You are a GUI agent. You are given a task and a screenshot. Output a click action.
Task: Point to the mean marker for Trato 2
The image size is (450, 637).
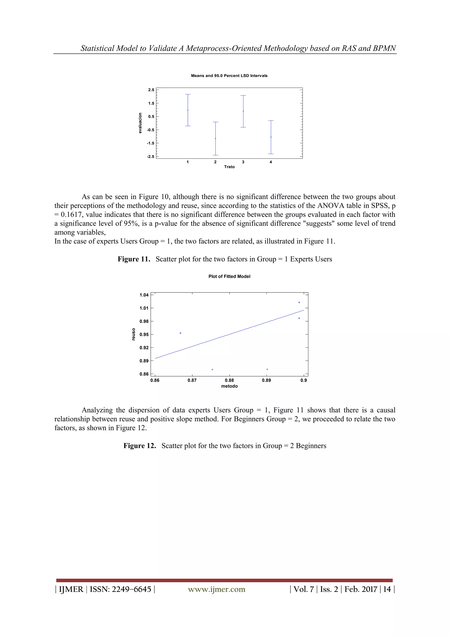(x=215, y=139)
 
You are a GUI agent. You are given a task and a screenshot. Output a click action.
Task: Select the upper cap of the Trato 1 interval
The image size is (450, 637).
(x=188, y=95)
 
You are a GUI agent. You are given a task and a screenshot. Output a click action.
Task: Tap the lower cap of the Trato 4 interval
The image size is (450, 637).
(x=271, y=154)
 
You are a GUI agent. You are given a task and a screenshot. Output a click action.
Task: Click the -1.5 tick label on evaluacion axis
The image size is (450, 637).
(x=151, y=143)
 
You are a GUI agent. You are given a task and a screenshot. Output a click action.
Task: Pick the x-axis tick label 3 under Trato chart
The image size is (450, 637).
(x=243, y=162)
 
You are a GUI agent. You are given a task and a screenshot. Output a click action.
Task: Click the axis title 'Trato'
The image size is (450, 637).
(x=229, y=167)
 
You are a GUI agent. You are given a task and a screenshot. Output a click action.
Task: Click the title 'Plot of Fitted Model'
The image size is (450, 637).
(x=229, y=276)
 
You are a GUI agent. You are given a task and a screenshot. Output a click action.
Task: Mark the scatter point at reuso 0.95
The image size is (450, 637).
(x=180, y=333)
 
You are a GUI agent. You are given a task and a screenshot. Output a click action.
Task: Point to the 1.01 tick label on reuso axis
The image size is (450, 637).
(x=144, y=308)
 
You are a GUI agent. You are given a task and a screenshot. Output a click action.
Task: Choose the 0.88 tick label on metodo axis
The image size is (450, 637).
(x=229, y=380)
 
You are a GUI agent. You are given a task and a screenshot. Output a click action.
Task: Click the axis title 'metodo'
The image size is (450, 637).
(x=229, y=386)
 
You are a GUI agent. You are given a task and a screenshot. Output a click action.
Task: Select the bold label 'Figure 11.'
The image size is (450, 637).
(x=134, y=259)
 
